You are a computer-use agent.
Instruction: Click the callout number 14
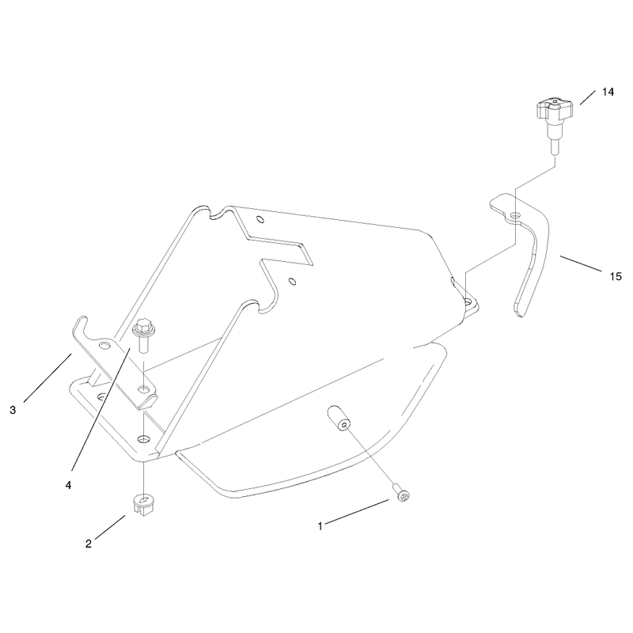point(608,92)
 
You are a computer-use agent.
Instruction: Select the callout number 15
point(616,276)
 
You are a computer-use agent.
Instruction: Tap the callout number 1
point(320,526)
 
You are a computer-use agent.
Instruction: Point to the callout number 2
point(89,544)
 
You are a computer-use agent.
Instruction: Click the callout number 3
point(13,410)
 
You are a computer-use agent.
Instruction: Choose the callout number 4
point(68,485)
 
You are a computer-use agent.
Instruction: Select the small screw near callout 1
point(402,495)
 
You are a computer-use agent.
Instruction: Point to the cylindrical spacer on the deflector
point(339,419)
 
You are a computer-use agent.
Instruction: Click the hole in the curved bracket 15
point(516,214)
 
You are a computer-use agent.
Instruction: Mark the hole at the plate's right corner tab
point(468,301)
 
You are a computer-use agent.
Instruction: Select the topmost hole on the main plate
point(260,220)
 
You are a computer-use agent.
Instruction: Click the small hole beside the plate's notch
point(293,281)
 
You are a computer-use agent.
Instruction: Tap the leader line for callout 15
point(580,263)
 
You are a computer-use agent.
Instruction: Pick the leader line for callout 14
point(587,97)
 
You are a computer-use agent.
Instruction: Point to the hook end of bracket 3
point(81,324)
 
